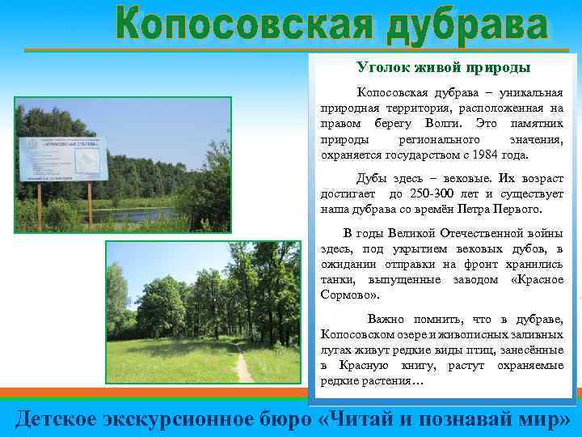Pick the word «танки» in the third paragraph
point(335,279)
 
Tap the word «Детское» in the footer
point(56,418)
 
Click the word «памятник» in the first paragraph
point(538,122)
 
